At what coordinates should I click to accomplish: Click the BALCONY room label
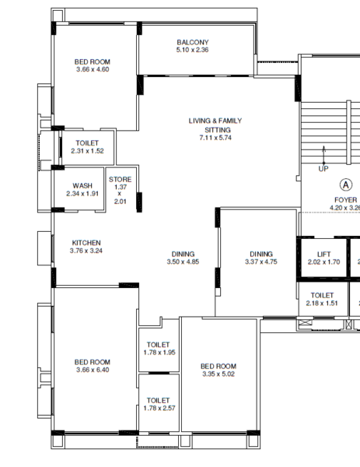tap(192, 42)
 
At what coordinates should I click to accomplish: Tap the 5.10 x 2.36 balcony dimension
tap(192, 51)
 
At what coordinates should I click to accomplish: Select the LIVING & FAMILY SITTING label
tap(215, 125)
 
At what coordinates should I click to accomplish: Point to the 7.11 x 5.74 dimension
tap(215, 138)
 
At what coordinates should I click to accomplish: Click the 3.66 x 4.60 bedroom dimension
tap(93, 70)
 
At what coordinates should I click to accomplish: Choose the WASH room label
tap(82, 185)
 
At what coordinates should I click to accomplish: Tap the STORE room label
tap(120, 180)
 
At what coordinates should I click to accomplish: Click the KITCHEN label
tap(86, 243)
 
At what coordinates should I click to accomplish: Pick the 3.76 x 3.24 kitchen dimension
tap(86, 251)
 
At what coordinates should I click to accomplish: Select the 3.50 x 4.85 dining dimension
tap(183, 262)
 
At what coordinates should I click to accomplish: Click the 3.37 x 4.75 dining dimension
tap(260, 262)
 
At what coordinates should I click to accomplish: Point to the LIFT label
tap(323, 254)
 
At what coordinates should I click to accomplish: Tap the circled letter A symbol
tap(345, 184)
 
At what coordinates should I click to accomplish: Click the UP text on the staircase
tap(323, 168)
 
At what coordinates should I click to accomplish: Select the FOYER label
tap(346, 200)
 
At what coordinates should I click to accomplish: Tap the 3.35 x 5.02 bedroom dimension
tap(218, 374)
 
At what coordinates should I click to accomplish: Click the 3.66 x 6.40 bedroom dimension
tap(93, 370)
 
